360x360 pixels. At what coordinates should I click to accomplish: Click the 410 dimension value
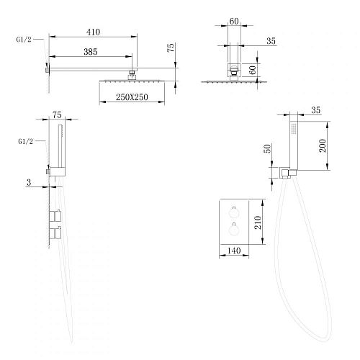point(93,32)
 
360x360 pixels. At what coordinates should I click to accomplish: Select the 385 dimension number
point(91,52)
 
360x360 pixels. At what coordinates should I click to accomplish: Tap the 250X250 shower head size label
point(132,97)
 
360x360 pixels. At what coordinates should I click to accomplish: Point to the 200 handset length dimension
point(323,145)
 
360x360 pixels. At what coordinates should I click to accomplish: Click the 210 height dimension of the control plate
point(258,222)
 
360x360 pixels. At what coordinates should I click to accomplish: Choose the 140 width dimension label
point(234,251)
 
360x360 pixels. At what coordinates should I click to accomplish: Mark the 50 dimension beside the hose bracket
point(267,148)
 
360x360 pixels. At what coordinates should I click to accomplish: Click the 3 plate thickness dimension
point(29,182)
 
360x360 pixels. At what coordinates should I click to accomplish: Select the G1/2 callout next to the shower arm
point(24,40)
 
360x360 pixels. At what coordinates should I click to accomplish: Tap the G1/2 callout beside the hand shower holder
point(25,141)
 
